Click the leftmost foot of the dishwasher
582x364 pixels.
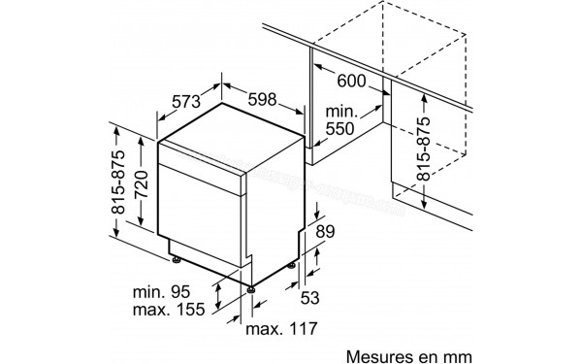pyautogui.click(x=176, y=259)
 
